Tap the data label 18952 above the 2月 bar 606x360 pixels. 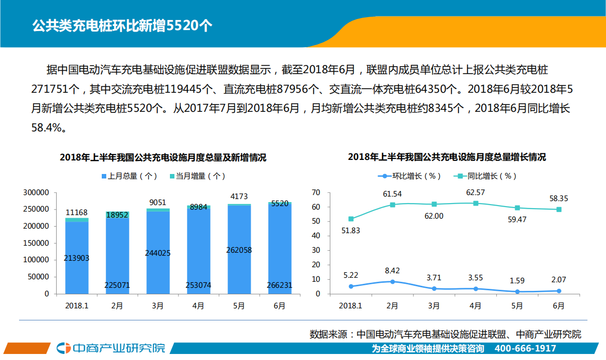(117, 215)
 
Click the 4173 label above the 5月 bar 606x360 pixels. (239, 196)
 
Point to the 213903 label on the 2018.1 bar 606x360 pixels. (77, 258)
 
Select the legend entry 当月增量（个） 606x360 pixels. (197, 176)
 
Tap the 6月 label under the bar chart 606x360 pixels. (279, 305)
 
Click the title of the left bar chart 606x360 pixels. (163, 157)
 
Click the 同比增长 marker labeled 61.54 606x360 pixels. (392, 205)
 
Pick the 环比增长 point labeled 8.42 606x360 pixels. (392, 281)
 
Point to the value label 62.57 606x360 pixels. (475, 192)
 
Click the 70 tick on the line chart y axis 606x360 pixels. (316, 193)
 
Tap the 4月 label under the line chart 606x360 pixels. (475, 305)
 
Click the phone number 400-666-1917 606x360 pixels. (525, 348)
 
